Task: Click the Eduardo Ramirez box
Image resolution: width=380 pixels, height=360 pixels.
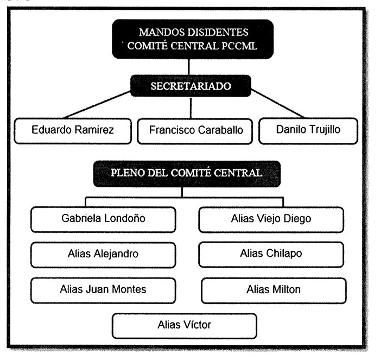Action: (x=72, y=131)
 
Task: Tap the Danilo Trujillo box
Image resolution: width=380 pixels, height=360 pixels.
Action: (x=308, y=131)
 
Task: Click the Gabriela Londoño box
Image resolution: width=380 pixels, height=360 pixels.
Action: (x=103, y=219)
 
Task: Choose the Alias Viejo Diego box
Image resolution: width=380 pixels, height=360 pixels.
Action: (x=271, y=219)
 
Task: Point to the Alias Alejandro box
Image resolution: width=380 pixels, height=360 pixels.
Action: (x=103, y=254)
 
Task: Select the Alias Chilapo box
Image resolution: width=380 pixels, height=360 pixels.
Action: (x=271, y=254)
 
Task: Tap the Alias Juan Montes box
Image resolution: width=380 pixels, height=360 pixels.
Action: (x=103, y=289)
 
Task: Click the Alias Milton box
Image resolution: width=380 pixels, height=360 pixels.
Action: (x=273, y=289)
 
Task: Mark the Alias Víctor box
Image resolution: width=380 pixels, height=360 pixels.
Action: (x=184, y=325)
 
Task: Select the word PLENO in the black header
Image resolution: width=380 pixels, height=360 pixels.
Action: (x=128, y=174)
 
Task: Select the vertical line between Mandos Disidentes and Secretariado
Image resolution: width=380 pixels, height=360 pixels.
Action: (x=189, y=66)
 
